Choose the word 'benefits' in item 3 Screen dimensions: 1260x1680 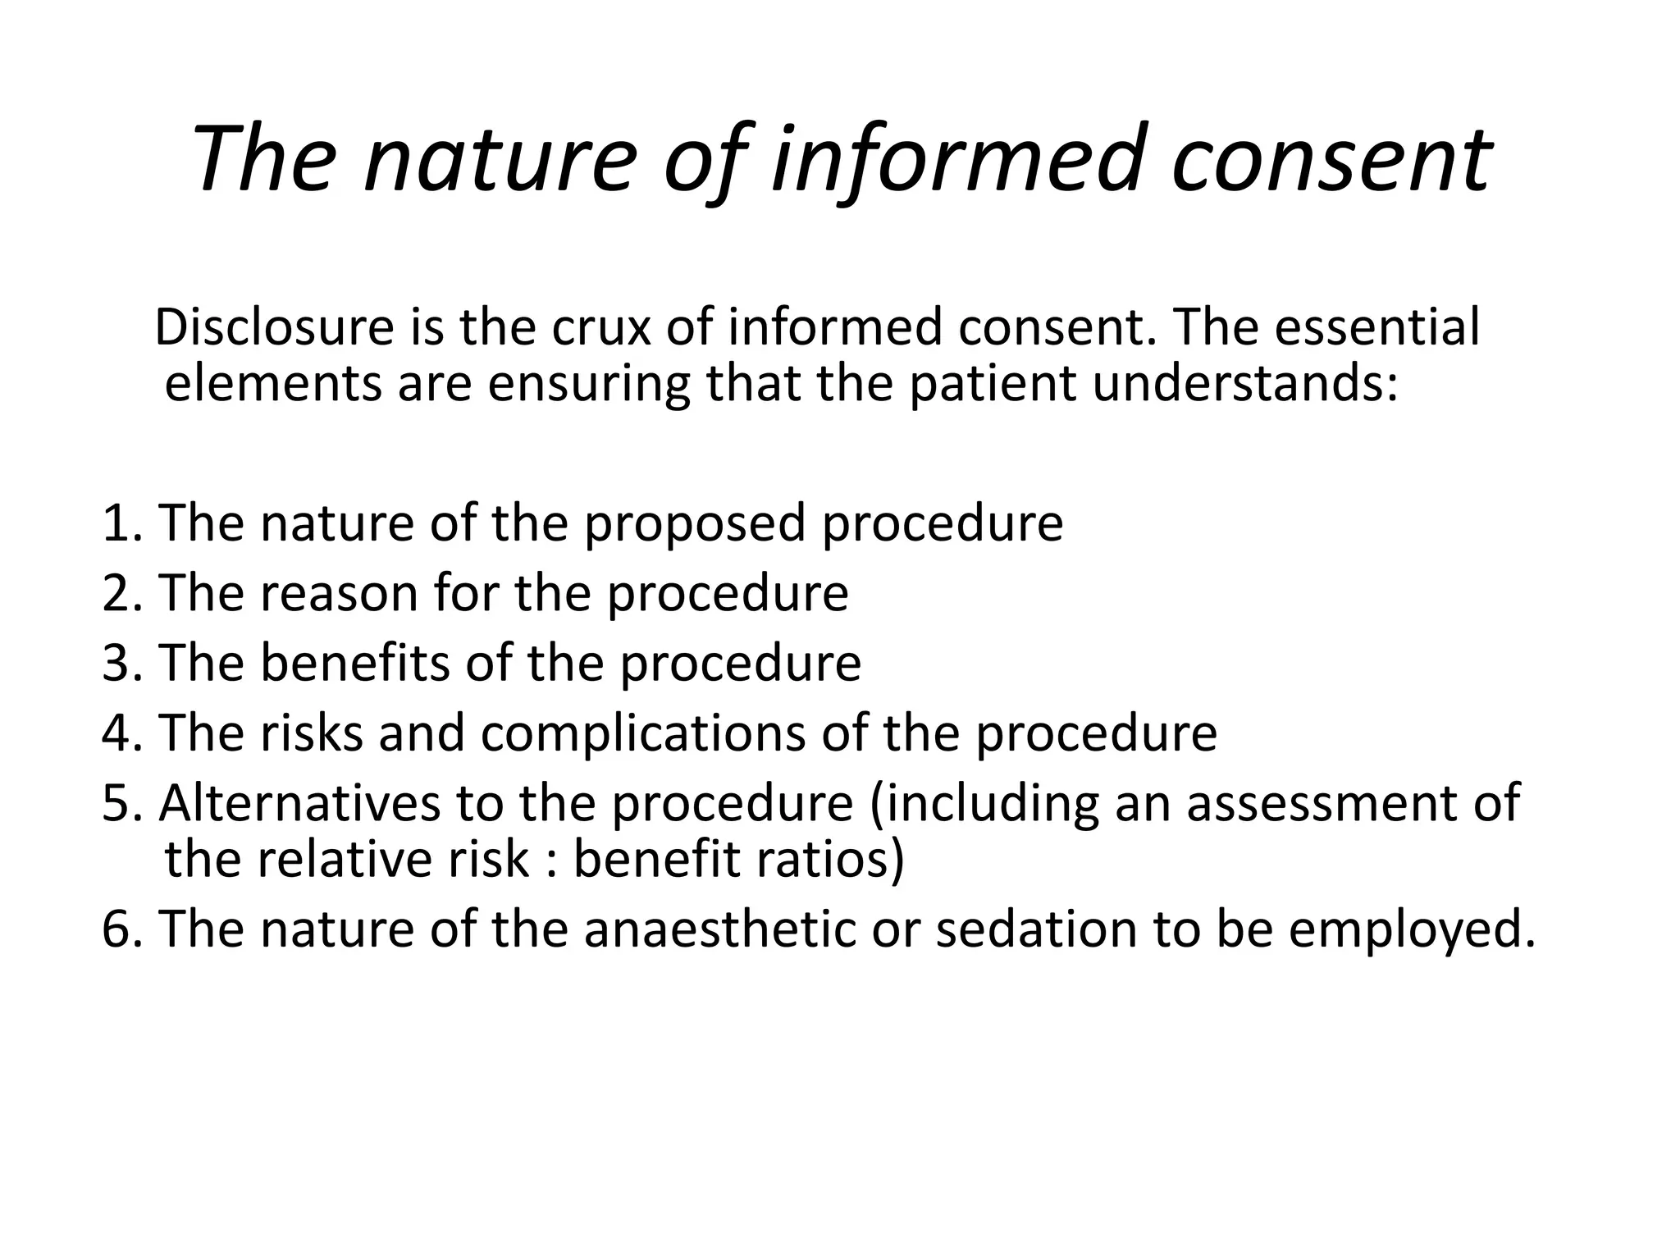(355, 662)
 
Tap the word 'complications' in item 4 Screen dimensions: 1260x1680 (643, 732)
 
